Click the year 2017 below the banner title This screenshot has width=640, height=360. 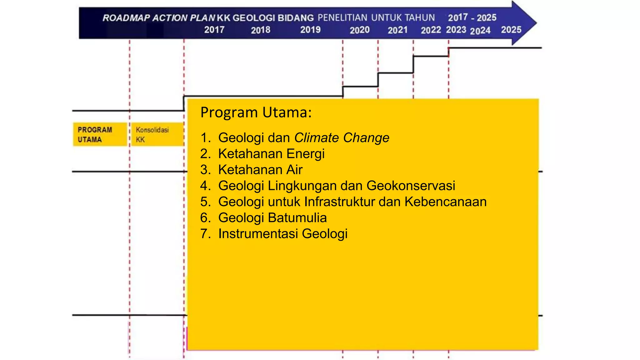pyautogui.click(x=214, y=30)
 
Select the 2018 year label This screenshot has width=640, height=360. pyautogui.click(x=261, y=30)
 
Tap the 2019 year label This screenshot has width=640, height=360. pyautogui.click(x=310, y=30)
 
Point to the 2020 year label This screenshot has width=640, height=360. pyautogui.click(x=359, y=30)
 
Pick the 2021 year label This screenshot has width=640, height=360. pyautogui.click(x=397, y=30)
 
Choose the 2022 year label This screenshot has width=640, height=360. pyautogui.click(x=431, y=30)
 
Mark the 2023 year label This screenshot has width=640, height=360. pyautogui.click(x=456, y=30)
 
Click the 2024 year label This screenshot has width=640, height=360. pyautogui.click(x=480, y=31)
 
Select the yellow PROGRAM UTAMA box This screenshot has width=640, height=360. pyautogui.click(x=100, y=134)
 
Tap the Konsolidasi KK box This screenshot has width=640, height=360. pyautogui.click(x=157, y=134)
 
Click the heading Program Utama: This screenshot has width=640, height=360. pyautogui.click(x=256, y=112)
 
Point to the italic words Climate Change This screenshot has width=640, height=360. pyautogui.click(x=342, y=137)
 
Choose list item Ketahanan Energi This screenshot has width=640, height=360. pyautogui.click(x=271, y=154)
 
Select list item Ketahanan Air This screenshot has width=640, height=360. pyautogui.click(x=260, y=170)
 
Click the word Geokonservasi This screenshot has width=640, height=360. pyautogui.click(x=411, y=186)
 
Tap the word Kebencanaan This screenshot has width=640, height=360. pyautogui.click(x=446, y=202)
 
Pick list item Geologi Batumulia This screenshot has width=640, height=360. pyautogui.click(x=272, y=217)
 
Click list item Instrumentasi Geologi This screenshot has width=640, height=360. pyautogui.click(x=283, y=234)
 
